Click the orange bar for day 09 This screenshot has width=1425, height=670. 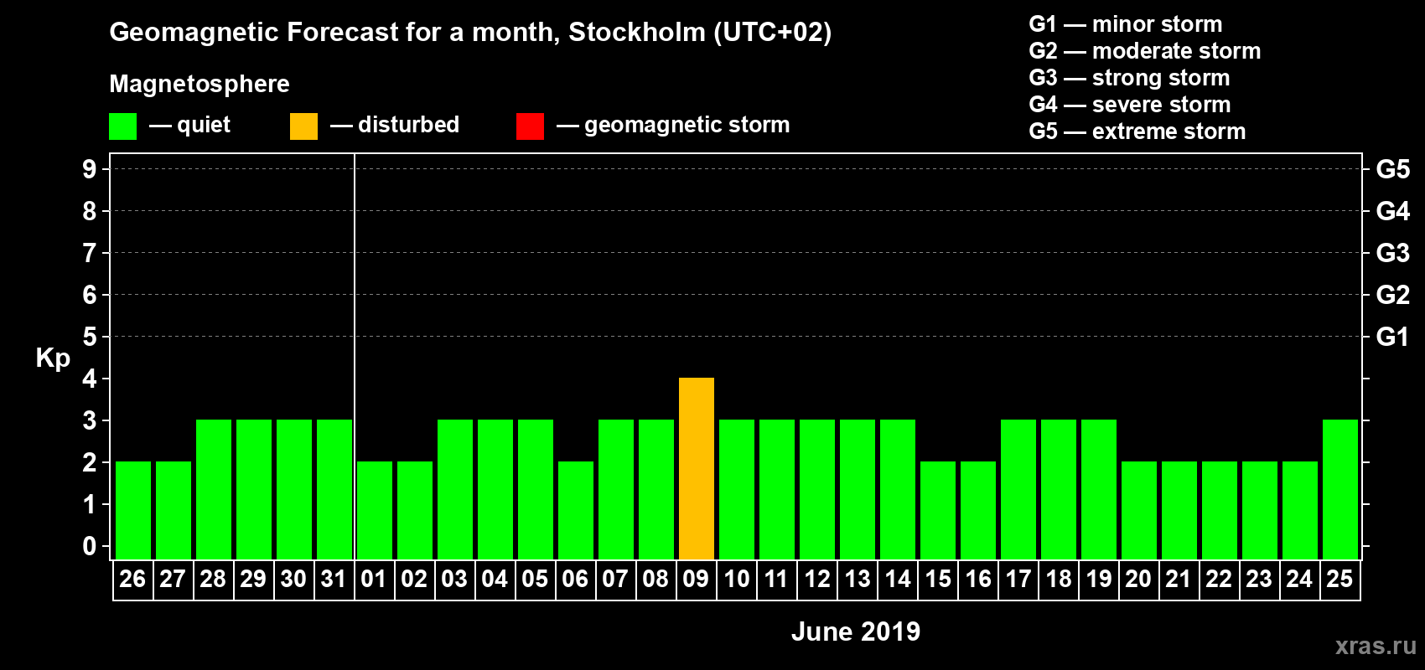point(697,468)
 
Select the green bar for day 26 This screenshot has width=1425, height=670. point(133,510)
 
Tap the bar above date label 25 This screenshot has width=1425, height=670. point(1340,489)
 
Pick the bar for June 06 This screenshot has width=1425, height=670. point(576,510)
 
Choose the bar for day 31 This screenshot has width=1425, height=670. point(334,489)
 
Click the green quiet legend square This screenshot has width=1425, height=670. point(122,126)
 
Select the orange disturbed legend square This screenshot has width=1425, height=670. point(303,126)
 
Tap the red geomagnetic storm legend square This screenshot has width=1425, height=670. point(530,126)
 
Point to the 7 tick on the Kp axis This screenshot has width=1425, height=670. point(90,253)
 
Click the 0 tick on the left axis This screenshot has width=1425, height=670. point(90,547)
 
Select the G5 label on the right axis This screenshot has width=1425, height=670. point(1392,169)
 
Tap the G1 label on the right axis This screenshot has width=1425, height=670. point(1392,337)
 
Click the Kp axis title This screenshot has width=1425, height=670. point(53,358)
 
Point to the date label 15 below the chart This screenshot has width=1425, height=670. point(938,580)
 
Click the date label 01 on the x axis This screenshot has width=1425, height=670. point(374,580)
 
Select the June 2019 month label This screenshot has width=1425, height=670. point(855,631)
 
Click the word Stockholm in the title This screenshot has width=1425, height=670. point(637,33)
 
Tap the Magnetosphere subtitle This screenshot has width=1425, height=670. point(199,84)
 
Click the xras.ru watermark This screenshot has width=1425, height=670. point(1375,646)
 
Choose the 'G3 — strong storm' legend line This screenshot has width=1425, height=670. point(1129,78)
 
